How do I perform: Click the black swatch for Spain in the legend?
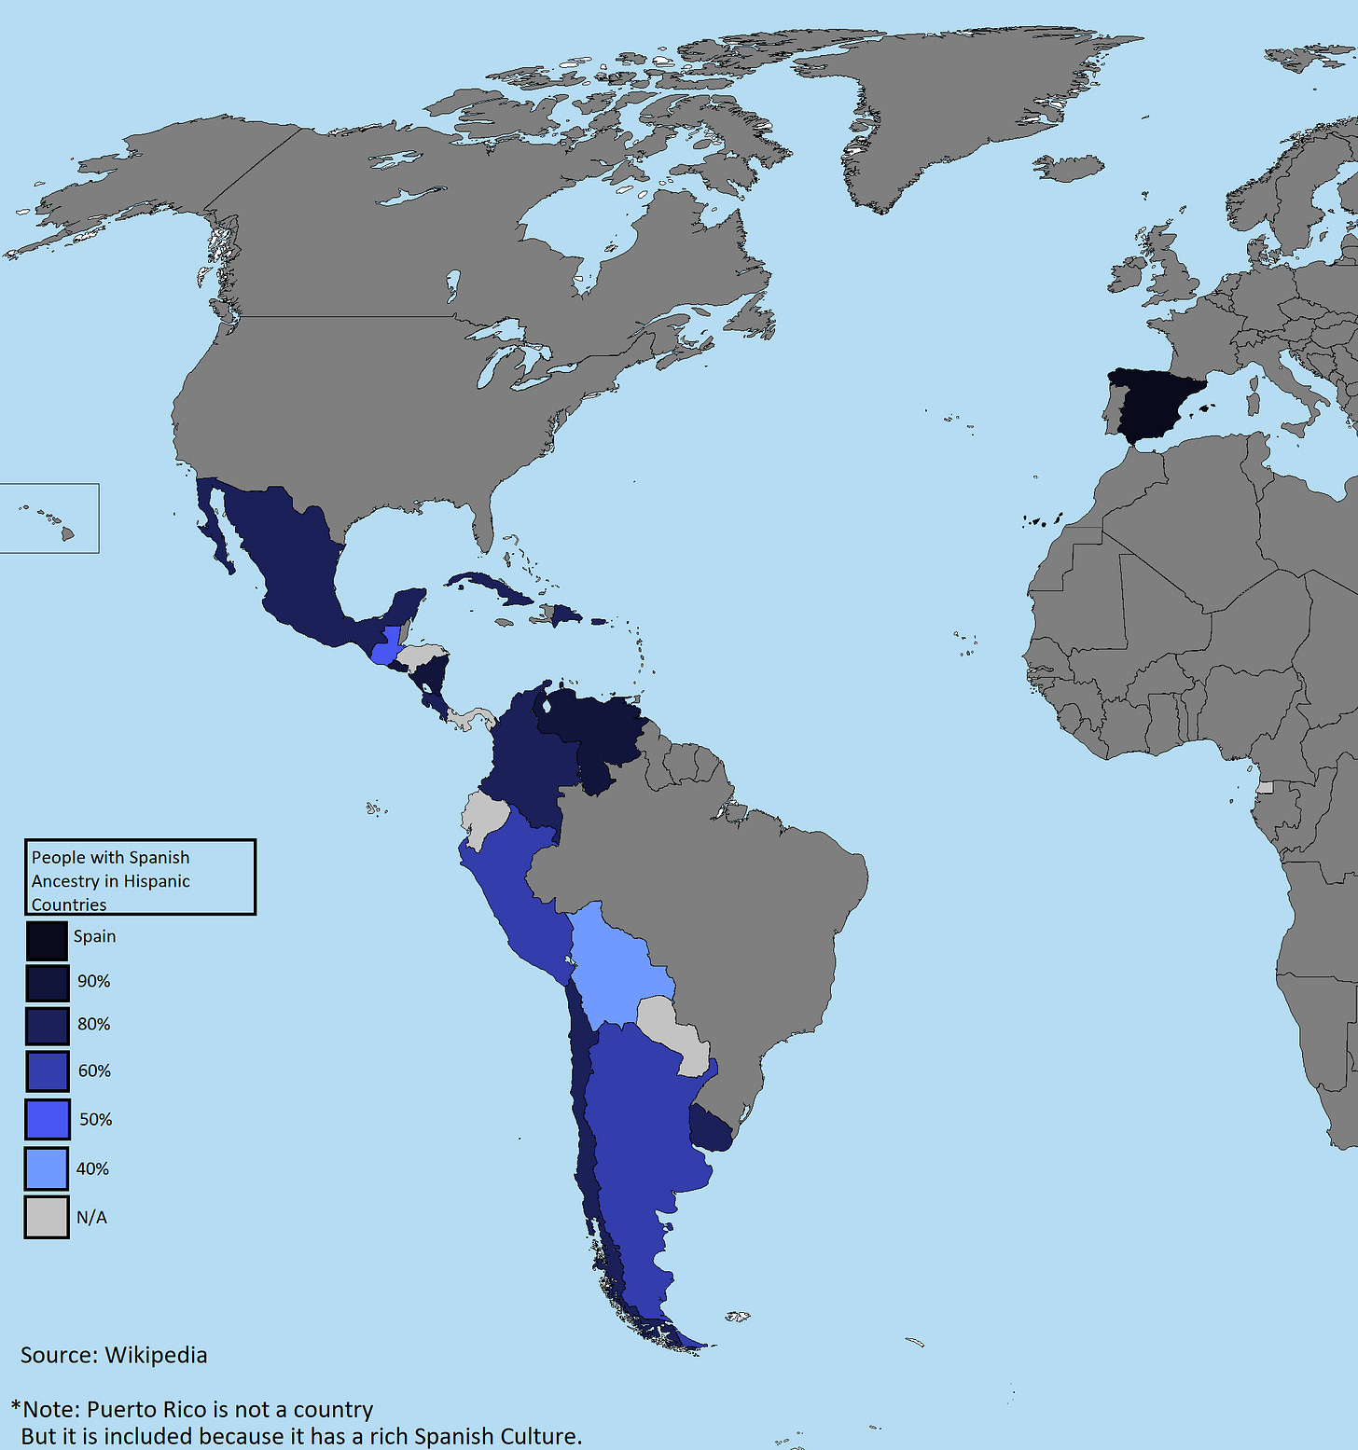tap(47, 940)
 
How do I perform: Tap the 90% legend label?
tap(93, 981)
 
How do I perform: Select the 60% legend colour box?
tap(47, 1071)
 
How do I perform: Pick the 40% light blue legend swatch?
tap(47, 1168)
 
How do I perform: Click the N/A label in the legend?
tap(91, 1217)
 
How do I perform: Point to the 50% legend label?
tap(95, 1119)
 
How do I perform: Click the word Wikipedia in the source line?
tap(156, 1355)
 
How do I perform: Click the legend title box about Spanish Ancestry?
tap(140, 877)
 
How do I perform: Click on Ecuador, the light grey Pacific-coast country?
tap(483, 817)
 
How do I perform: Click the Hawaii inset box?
tap(48, 518)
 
